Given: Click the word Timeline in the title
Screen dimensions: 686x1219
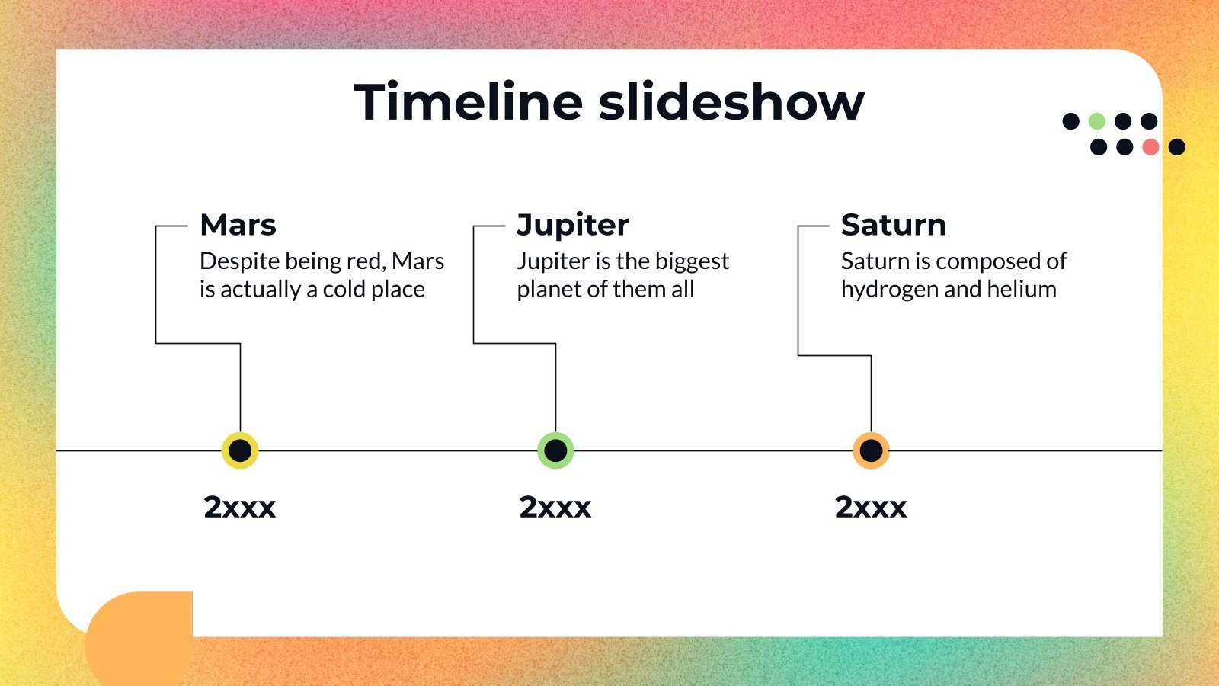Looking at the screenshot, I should (468, 101).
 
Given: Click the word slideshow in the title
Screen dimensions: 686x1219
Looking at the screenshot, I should (731, 101).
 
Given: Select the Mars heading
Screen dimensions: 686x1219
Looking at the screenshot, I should (238, 225).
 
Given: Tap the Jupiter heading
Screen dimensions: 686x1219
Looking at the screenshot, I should (572, 225).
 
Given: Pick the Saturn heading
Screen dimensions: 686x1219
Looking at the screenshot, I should (893, 225).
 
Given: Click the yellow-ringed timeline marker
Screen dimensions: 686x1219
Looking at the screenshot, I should (240, 450).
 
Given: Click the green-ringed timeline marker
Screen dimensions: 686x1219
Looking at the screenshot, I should (555, 450).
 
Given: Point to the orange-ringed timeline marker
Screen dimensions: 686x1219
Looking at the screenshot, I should (871, 450).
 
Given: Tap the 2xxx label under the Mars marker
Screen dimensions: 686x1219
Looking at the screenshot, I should (239, 507).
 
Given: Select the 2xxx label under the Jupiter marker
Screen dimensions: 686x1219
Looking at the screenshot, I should (555, 507).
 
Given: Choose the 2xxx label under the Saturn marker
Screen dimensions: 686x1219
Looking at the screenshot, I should (870, 507).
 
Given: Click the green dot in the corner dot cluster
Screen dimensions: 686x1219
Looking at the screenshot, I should (1096, 121).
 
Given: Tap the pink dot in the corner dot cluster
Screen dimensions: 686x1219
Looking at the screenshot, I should (1150, 147).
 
